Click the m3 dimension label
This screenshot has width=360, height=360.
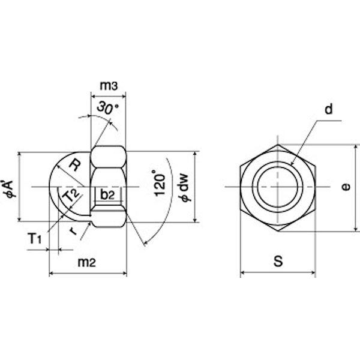(x=109, y=86)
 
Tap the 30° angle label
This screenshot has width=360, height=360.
(x=107, y=108)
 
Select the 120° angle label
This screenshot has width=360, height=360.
(x=160, y=183)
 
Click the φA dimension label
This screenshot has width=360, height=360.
(x=10, y=189)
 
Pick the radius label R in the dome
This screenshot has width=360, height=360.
(x=75, y=166)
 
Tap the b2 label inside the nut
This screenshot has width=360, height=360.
(x=107, y=194)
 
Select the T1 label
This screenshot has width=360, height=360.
(x=35, y=238)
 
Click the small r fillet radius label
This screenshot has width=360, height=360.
(x=73, y=231)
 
